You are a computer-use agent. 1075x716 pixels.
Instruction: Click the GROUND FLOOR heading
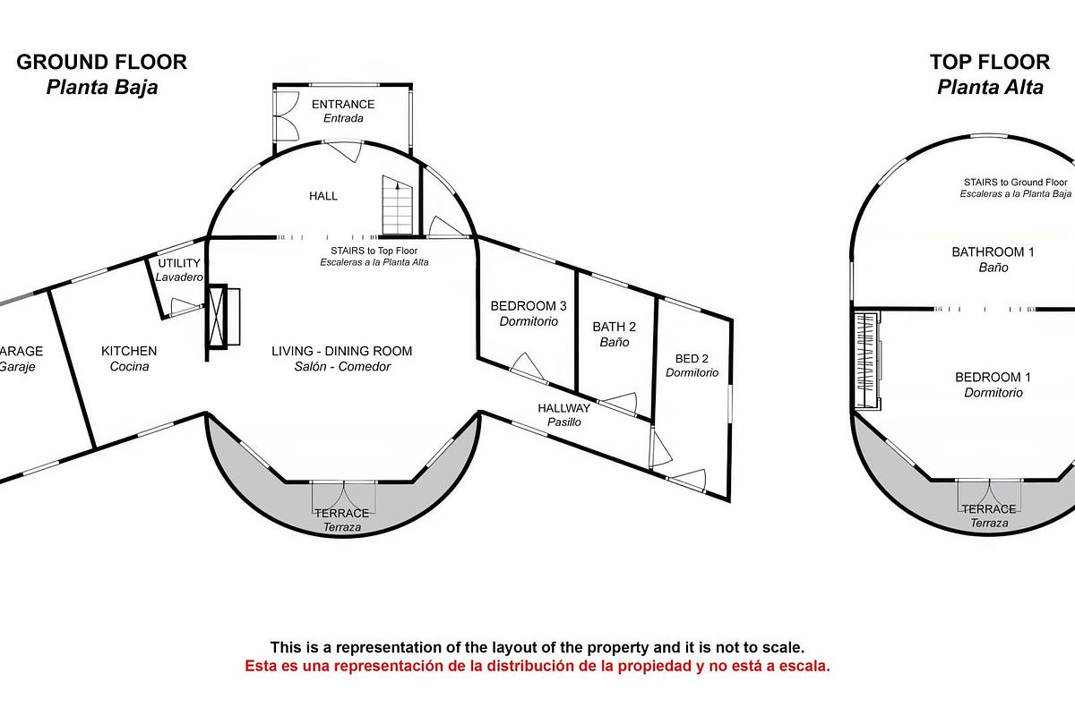[101, 62]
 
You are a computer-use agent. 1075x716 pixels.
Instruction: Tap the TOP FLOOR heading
[989, 62]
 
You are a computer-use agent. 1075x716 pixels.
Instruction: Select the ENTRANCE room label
[343, 105]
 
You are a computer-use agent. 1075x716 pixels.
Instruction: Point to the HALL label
[323, 196]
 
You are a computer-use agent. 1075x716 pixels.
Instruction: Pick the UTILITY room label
[179, 264]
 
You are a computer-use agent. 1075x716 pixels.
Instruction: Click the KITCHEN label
[129, 351]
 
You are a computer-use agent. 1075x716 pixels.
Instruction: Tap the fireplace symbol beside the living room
[223, 317]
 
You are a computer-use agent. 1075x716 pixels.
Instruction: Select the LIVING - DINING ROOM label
[342, 351]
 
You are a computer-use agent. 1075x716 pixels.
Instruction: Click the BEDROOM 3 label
[529, 306]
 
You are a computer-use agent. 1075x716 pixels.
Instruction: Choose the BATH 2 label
[615, 327]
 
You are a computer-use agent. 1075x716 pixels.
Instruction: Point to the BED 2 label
[692, 359]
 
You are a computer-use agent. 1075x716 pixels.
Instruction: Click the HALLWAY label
[564, 408]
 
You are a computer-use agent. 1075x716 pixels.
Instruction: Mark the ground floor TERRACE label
[341, 513]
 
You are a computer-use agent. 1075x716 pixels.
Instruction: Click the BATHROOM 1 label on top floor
[993, 252]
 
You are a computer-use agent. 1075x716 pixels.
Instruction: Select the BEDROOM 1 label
[993, 377]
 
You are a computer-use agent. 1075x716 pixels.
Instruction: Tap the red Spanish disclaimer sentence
[537, 667]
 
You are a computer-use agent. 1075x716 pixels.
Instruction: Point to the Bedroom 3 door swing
[526, 365]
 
